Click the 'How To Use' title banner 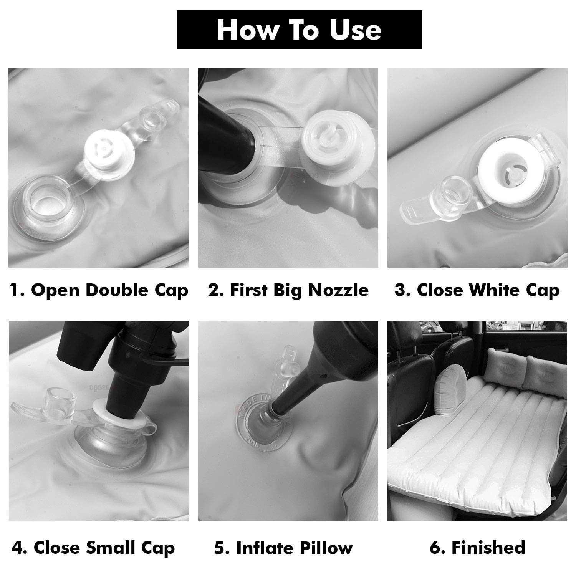pos(299,30)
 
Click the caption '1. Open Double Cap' pos(99,290)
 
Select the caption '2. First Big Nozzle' pos(288,290)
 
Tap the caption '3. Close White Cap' pos(477,290)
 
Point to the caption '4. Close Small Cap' pos(93,548)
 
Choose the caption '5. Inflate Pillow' pos(283,548)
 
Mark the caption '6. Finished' pos(477,547)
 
